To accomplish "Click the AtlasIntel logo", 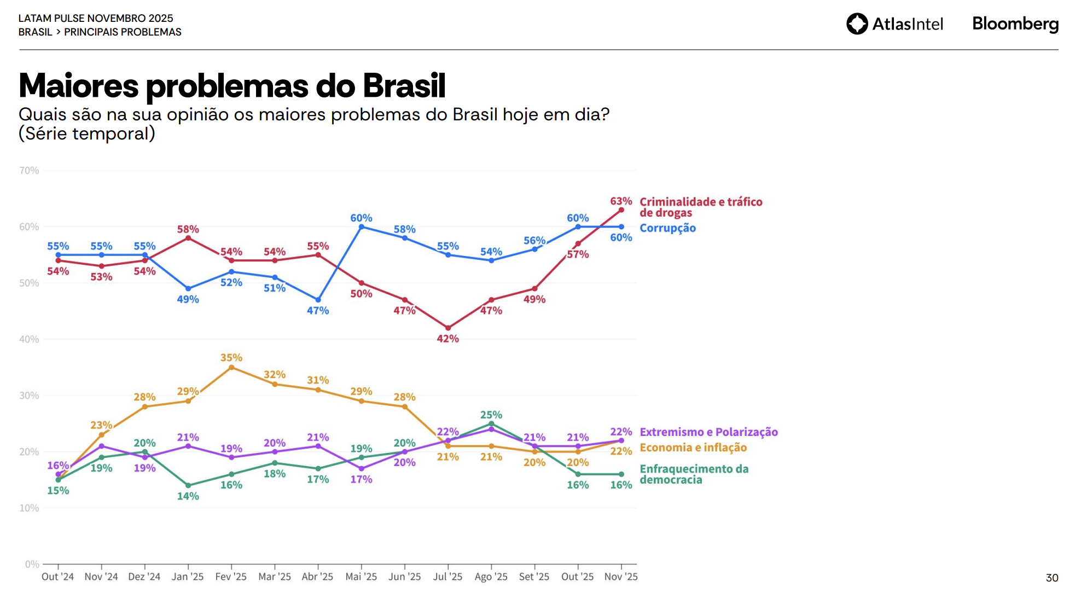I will pos(894,24).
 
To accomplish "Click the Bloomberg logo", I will pos(1015,24).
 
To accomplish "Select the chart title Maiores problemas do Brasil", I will pos(232,86).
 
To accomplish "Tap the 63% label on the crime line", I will pos(621,201).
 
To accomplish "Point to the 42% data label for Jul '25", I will pos(447,339).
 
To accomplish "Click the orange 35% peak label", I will pos(231,358).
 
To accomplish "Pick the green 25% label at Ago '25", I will pos(491,415).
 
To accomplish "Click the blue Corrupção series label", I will pos(667,228).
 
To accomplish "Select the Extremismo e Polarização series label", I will pos(708,432).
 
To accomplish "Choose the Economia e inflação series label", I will pos(693,447).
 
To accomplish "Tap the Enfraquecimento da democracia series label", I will pos(694,474).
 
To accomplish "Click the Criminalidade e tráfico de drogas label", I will pos(701,207).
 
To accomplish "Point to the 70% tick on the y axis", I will pos(29,171).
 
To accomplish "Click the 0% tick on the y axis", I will pos(32,565).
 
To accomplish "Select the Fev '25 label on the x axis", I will pos(231,577).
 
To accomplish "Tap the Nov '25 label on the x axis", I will pos(621,577).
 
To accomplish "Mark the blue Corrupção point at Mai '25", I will pos(361,226).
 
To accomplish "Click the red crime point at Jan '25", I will pos(188,238).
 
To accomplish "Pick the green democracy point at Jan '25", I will pos(188,485).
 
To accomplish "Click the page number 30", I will pos(1051,578).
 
